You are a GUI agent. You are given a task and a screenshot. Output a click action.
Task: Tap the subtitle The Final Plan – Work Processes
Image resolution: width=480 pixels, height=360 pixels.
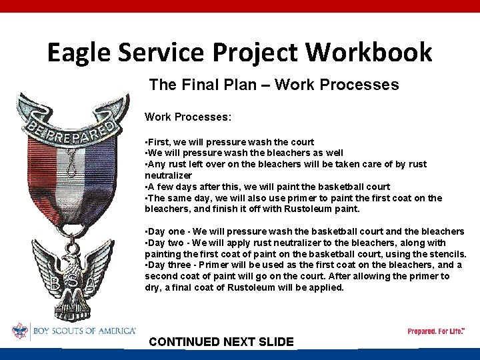[x=274, y=85]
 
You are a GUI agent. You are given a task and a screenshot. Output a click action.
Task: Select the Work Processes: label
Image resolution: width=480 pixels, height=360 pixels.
[x=188, y=117]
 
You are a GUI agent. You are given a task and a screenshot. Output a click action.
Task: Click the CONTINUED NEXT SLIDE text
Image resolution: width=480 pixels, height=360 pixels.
[x=221, y=342]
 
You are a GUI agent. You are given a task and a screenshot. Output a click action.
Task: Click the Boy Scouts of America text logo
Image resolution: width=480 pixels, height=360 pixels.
[x=83, y=331]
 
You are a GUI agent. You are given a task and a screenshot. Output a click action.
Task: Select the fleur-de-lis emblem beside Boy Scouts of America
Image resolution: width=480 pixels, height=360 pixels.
[x=20, y=331]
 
